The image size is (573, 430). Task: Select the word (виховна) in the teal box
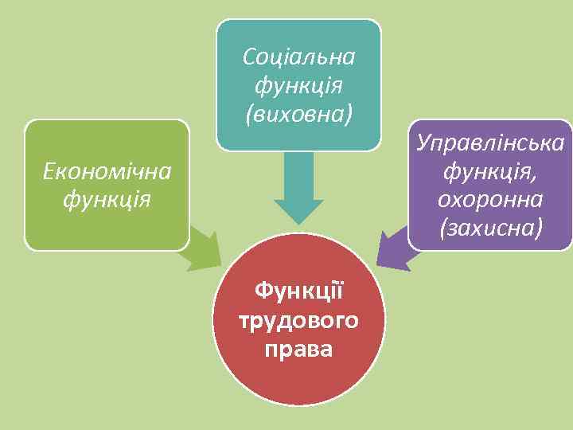(299, 112)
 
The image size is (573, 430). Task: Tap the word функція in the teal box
(299, 84)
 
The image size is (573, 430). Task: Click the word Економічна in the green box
(107, 170)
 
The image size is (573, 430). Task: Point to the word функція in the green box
(107, 198)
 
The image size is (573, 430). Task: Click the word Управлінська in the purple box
(490, 143)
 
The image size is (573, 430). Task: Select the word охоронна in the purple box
(490, 199)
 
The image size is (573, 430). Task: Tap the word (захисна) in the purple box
(490, 228)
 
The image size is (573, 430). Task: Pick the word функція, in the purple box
(490, 171)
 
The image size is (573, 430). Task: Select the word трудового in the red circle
(299, 320)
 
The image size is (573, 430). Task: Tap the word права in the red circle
(299, 349)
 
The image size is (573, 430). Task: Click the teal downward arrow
(299, 187)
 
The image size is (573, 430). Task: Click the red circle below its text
(299, 382)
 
